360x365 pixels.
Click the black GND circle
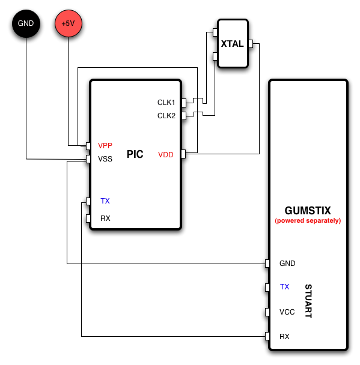pos(26,23)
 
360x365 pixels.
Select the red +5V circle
pos(69,23)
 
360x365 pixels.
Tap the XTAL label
pos(233,44)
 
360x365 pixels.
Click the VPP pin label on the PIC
pos(105,146)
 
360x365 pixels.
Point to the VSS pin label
pos(105,159)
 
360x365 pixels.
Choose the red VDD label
pos(166,155)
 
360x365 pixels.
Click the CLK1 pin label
pos(166,103)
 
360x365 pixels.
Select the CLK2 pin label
pos(166,116)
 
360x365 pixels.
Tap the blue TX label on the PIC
pos(105,201)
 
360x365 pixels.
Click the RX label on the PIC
pos(105,219)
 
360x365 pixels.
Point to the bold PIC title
pos(135,154)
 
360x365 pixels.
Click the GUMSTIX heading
pos(308,211)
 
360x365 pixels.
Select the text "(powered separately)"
pos(308,221)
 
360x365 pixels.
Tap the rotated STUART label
pos(308,301)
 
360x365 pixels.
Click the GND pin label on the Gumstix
pos(287,264)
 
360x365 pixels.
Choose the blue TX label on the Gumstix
pos(284,287)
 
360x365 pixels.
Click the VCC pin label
pos(287,312)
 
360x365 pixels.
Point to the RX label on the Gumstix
pos(284,337)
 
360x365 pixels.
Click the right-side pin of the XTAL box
pos(251,44)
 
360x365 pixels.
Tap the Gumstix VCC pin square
pos(267,312)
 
